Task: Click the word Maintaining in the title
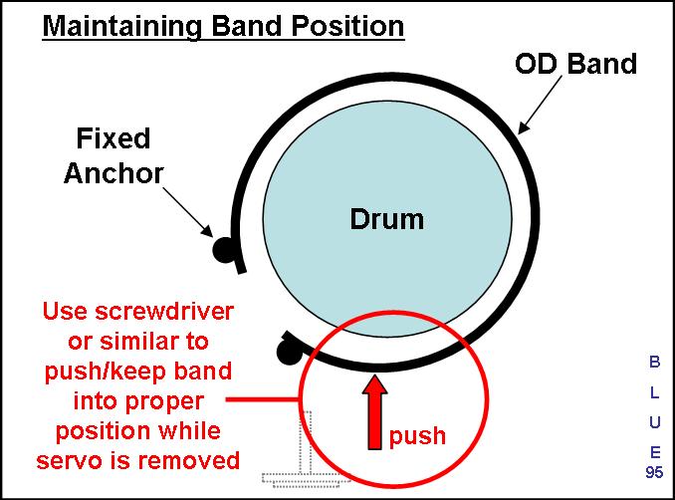pyautogui.click(x=121, y=27)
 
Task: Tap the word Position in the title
pyautogui.click(x=347, y=26)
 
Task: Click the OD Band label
pyautogui.click(x=575, y=64)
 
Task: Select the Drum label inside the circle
pyautogui.click(x=386, y=219)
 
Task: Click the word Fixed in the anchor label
pyautogui.click(x=113, y=138)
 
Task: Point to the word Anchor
pyautogui.click(x=113, y=173)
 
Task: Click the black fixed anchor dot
pyautogui.click(x=224, y=250)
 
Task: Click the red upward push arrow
pyautogui.click(x=375, y=412)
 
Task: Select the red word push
pyautogui.click(x=417, y=436)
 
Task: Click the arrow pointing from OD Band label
pyautogui.click(x=540, y=106)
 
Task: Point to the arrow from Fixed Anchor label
pyautogui.click(x=188, y=212)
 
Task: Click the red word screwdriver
pyautogui.click(x=164, y=311)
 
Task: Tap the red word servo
pyautogui.click(x=71, y=460)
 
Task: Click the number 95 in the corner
pyautogui.click(x=654, y=472)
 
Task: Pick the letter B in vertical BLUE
pyautogui.click(x=654, y=362)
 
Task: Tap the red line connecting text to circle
pyautogui.click(x=262, y=399)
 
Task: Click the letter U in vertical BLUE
pyautogui.click(x=655, y=422)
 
